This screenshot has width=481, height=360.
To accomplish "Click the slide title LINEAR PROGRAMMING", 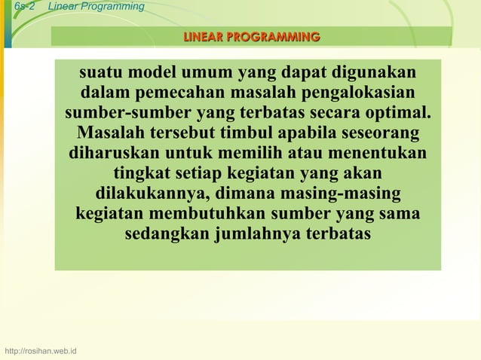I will [x=251, y=37].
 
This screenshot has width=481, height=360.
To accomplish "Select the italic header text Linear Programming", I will [x=96, y=7].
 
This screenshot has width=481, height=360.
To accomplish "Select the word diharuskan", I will [x=114, y=154].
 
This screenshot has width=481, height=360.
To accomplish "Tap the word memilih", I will [x=257, y=154].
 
